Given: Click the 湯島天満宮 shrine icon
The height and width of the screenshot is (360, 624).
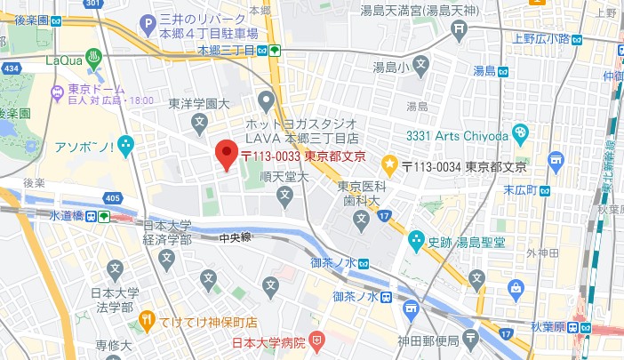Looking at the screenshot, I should [459, 29].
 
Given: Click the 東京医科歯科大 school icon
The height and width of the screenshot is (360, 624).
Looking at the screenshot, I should [361, 218].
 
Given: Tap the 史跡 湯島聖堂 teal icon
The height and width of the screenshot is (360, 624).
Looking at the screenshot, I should [416, 239].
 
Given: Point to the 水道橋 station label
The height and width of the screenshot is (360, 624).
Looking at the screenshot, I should [66, 216].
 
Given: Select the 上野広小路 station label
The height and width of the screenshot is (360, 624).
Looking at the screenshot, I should [540, 38].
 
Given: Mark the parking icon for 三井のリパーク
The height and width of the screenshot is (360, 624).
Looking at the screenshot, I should [146, 20].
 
